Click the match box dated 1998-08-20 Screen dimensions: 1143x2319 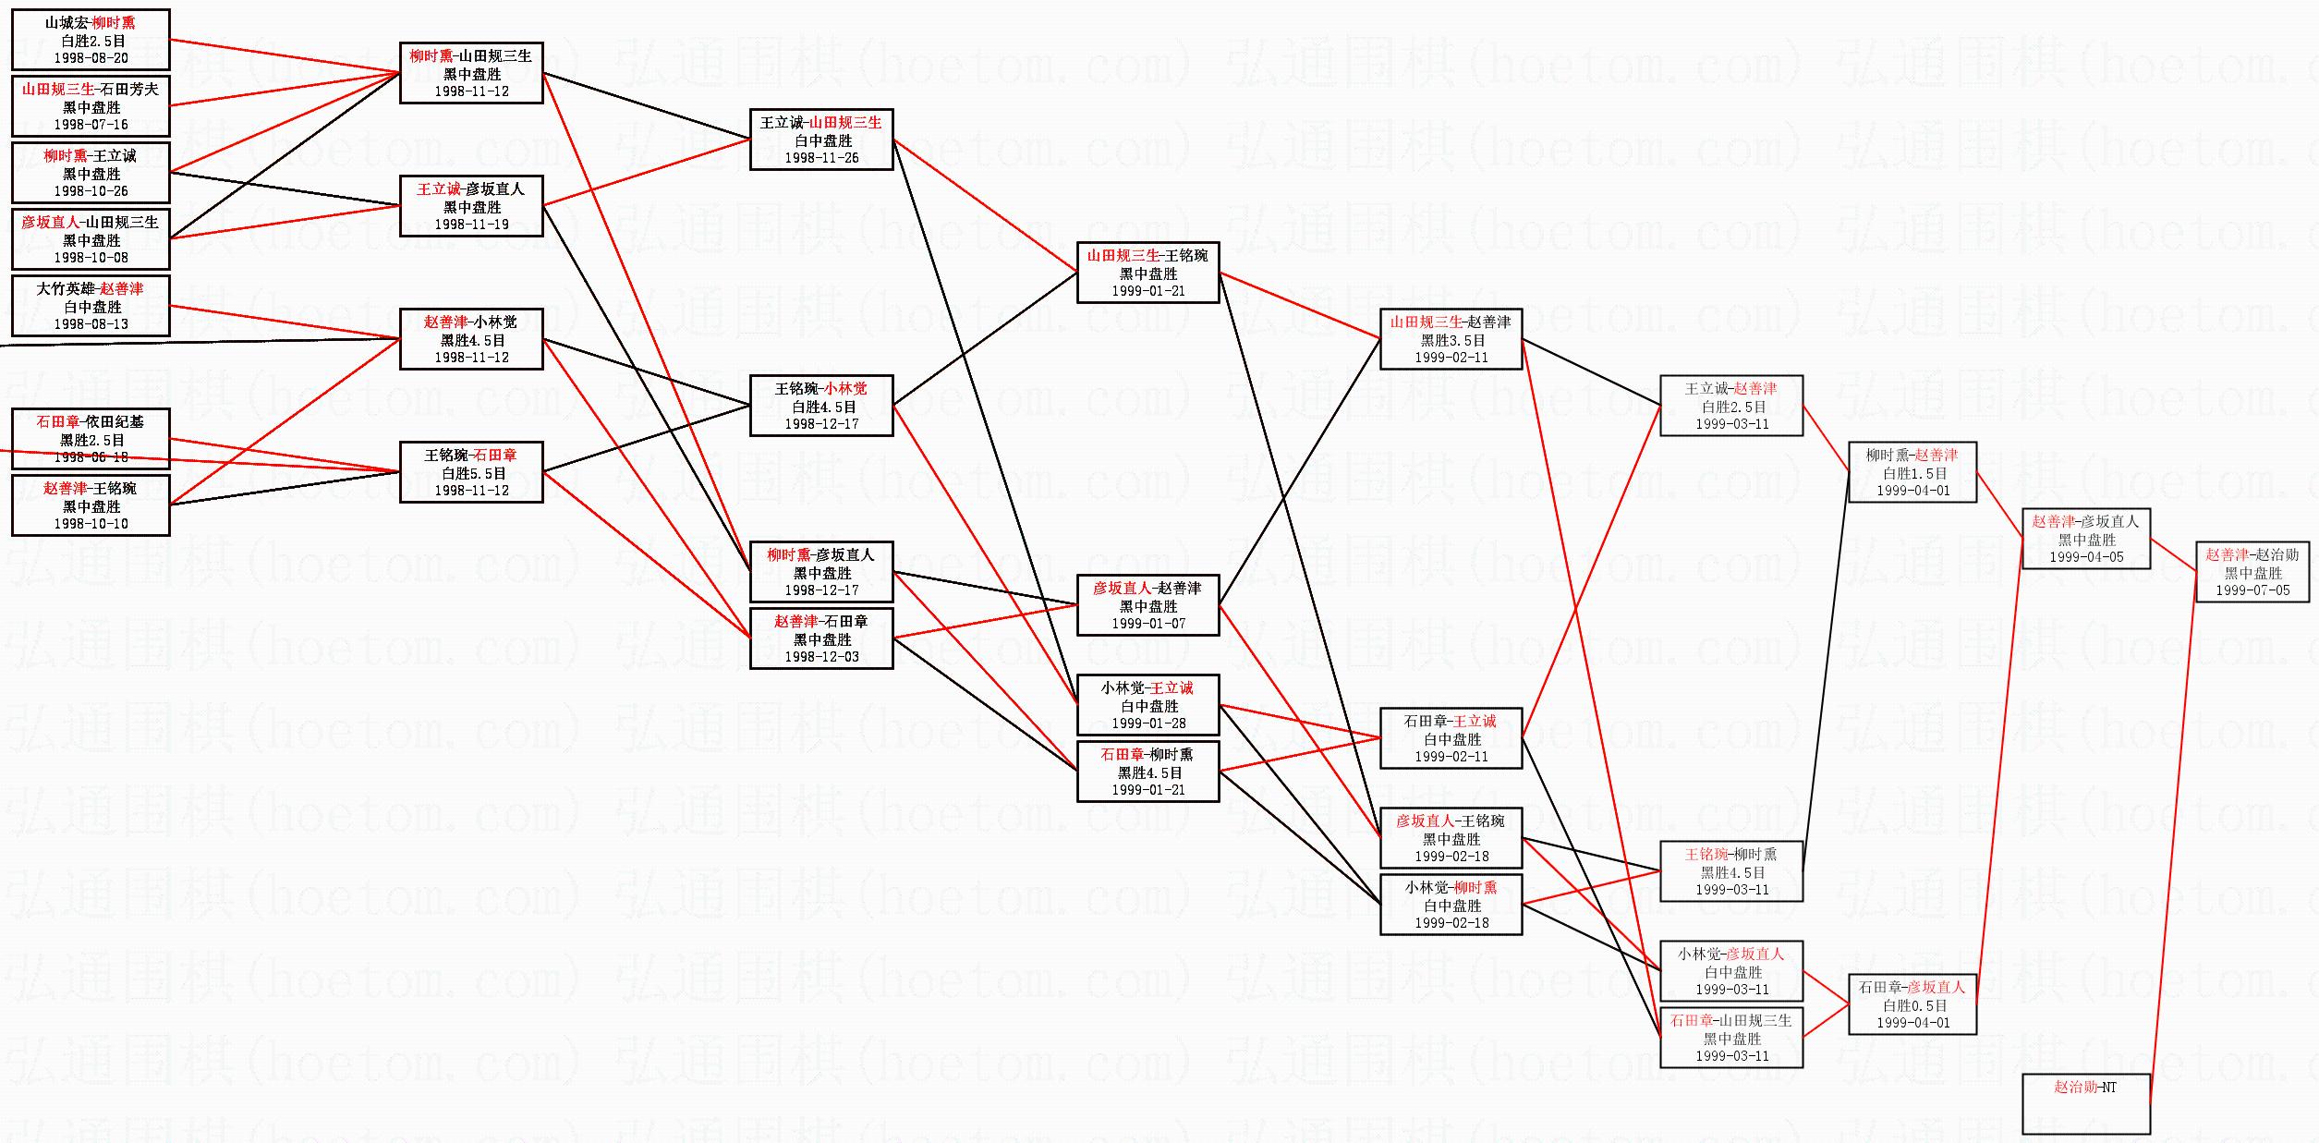pyautogui.click(x=91, y=40)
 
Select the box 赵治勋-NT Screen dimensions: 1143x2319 pyautogui.click(x=2085, y=1103)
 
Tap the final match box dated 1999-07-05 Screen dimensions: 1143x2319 pyautogui.click(x=2252, y=572)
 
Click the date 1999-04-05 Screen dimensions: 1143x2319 pyautogui.click(x=2086, y=557)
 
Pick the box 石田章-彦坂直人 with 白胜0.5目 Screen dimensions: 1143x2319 pyautogui.click(x=1912, y=1004)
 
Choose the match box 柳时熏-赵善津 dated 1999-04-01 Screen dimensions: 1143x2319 pyautogui.click(x=1912, y=472)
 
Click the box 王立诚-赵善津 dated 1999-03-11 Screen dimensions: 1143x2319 pyautogui.click(x=1730, y=406)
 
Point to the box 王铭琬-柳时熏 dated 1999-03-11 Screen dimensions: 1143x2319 pyautogui.click(x=1730, y=871)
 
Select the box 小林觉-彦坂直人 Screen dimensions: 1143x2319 pyautogui.click(x=1730, y=971)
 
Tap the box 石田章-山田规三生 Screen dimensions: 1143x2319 pyautogui.click(x=1730, y=1038)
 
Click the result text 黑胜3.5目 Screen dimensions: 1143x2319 pyautogui.click(x=1451, y=340)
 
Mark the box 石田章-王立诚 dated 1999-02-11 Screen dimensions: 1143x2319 pyautogui.click(x=1451, y=738)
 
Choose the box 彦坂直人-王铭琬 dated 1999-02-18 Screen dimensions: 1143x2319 pyautogui.click(x=1451, y=838)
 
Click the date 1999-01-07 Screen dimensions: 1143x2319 pyautogui.click(x=1147, y=624)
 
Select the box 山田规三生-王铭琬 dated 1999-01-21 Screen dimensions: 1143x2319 pyautogui.click(x=1147, y=273)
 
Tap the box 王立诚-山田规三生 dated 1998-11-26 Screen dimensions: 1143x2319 pyautogui.click(x=821, y=140)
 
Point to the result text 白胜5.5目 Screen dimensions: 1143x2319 pyautogui.click(x=471, y=473)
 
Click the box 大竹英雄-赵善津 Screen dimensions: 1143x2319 pyautogui.click(x=91, y=306)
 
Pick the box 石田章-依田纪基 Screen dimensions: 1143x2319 pyautogui.click(x=91, y=439)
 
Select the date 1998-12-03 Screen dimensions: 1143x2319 pyautogui.click(x=821, y=657)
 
